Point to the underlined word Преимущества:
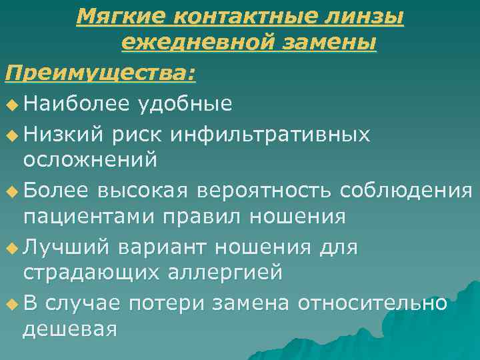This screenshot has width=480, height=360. [x=100, y=73]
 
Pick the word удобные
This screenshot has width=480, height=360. [x=185, y=103]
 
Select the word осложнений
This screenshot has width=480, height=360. [x=90, y=160]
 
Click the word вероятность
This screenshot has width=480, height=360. [x=265, y=190]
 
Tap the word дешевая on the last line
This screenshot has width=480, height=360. [x=70, y=329]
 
